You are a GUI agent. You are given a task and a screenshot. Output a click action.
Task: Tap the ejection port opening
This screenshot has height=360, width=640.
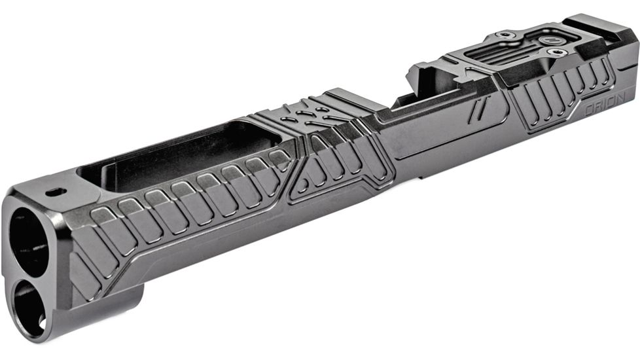425,92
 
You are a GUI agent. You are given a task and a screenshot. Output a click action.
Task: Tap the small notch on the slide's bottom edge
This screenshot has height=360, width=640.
419,175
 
